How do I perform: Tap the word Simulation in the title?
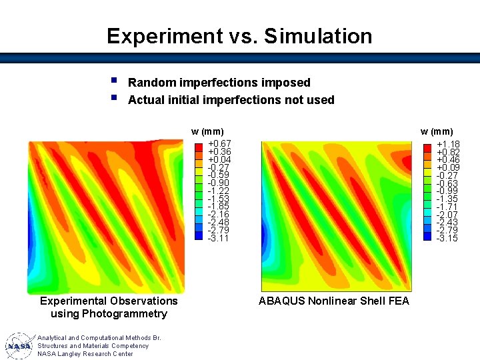point(318,36)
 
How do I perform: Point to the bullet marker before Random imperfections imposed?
point(114,81)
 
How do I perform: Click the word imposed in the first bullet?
point(287,83)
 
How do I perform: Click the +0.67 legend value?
point(219,144)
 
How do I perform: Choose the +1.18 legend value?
point(447,144)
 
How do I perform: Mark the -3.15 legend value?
point(447,238)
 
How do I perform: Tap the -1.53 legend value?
point(219,199)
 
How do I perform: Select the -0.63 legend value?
point(447,183)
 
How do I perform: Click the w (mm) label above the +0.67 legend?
point(207,131)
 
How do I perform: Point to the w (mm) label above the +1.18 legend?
point(437,131)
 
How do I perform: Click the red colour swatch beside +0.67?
point(198,145)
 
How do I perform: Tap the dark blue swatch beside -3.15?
point(427,238)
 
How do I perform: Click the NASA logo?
point(19,346)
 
